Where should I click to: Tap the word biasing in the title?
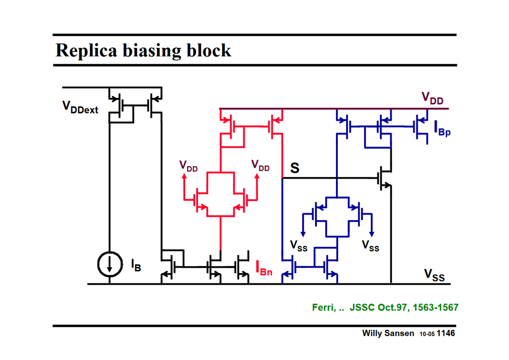click(152, 51)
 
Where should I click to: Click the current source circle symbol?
click(110, 264)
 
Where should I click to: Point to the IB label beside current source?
click(136, 265)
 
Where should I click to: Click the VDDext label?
click(80, 107)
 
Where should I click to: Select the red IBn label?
click(264, 268)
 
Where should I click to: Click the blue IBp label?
click(442, 128)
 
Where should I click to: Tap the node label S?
click(295, 168)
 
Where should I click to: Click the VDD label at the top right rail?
click(432, 98)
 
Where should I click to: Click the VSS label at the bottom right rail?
click(434, 275)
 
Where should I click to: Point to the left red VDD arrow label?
click(188, 166)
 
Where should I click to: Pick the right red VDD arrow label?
click(260, 165)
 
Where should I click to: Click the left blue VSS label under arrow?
click(298, 246)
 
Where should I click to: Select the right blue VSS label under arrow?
click(370, 246)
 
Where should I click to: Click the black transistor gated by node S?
click(384, 178)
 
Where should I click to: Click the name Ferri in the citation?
click(323, 307)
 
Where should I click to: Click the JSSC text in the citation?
click(362, 307)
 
